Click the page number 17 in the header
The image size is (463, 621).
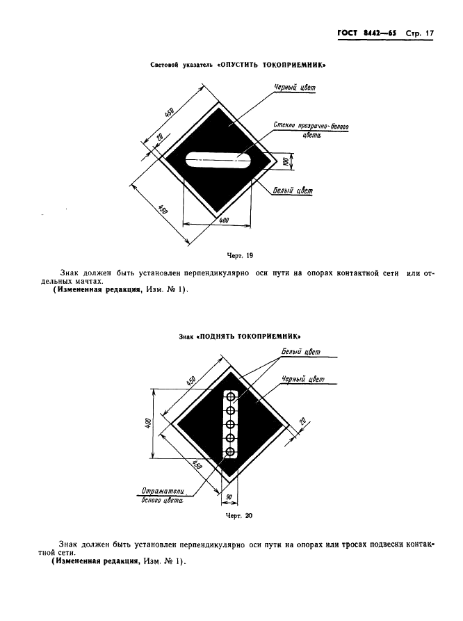point(430,33)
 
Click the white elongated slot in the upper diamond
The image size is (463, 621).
point(218,161)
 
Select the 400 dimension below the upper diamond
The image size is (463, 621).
point(224,220)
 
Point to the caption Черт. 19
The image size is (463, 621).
point(240,255)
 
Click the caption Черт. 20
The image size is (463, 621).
point(238,516)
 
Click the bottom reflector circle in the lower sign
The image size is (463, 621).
point(231,451)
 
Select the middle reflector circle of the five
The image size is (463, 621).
point(231,424)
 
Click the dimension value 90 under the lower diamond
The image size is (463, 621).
point(229,497)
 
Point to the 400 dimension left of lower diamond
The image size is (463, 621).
point(148,424)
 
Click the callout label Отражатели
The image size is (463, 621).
point(163,491)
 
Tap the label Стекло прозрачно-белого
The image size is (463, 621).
point(311,126)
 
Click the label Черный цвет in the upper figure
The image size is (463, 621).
point(295,88)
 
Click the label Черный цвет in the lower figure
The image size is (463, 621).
point(303,380)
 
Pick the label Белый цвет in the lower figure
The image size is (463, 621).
point(301,352)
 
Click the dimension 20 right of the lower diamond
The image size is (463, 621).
point(303,421)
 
